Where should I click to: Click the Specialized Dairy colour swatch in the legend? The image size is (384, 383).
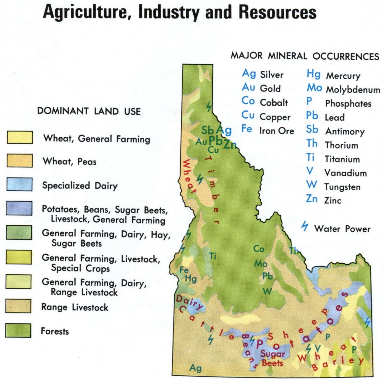20,184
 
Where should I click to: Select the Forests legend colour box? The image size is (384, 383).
18,330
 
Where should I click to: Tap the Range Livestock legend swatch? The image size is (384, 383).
18,306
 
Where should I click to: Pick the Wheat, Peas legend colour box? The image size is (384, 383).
20,161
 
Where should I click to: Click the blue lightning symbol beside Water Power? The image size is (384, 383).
305,226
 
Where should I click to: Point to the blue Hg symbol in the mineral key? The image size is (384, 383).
313,74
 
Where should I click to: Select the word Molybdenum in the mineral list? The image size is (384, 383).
353,90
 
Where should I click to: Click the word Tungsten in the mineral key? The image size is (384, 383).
342,187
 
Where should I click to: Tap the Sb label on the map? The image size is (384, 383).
207,130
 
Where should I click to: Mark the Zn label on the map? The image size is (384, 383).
230,144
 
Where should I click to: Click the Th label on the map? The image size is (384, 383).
294,251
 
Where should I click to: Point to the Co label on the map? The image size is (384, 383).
258,249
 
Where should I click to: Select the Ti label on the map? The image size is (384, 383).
213,256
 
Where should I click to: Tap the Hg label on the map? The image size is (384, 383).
191,278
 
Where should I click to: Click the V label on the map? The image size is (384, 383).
318,348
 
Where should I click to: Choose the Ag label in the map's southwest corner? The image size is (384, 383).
195,368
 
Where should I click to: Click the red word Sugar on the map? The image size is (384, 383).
273,354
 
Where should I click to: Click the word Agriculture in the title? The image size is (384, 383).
86,12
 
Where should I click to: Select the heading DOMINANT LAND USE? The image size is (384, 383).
89,111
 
